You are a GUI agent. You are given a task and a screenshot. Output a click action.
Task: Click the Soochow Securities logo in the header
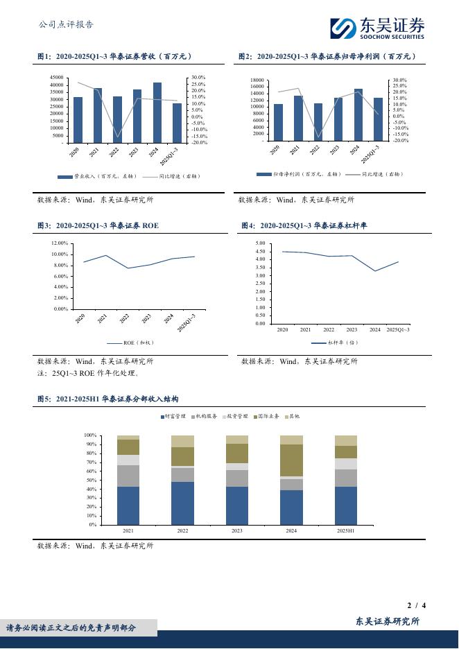377,27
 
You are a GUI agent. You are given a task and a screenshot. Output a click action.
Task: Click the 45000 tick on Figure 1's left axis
57,78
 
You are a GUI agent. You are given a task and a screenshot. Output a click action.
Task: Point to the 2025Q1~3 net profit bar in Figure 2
378,119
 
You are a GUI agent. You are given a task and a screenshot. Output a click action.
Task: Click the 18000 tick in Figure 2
257,80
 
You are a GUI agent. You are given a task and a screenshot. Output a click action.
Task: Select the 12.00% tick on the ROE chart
59,243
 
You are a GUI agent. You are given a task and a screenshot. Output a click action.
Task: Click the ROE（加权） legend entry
137,343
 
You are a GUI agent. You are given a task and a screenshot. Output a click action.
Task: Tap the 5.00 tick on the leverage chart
261,243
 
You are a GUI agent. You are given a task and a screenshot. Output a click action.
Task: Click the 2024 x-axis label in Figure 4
375,330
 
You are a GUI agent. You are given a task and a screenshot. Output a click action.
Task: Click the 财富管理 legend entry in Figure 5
174,417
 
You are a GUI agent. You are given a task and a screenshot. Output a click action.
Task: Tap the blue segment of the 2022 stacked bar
182,503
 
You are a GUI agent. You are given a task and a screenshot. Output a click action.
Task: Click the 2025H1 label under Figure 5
345,530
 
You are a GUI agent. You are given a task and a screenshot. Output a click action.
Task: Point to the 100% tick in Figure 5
89,435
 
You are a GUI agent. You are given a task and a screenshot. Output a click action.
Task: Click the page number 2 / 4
416,605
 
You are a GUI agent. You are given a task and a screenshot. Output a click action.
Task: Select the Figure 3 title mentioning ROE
98,225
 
